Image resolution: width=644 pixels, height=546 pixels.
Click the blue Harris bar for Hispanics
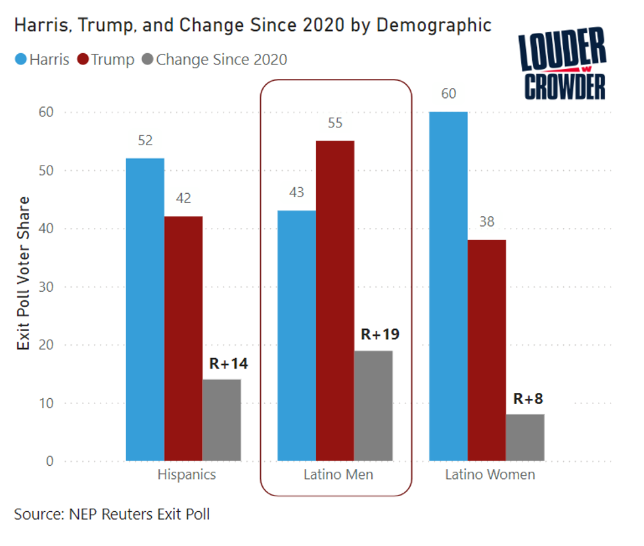pos(145,309)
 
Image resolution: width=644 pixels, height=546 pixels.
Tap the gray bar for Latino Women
pos(525,437)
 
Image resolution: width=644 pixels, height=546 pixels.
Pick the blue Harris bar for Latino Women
pos(449,286)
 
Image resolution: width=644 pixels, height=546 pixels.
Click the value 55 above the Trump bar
pos(335,124)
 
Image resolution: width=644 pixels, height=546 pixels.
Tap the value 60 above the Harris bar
pos(449,94)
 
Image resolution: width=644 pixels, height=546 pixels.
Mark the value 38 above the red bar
pos(486,223)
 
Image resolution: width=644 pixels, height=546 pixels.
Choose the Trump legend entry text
pos(112,60)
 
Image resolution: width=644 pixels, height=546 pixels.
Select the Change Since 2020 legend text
pos(221,60)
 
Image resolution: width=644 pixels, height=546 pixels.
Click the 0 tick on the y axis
pos(49,461)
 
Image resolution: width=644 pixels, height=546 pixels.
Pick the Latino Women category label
pos(490,474)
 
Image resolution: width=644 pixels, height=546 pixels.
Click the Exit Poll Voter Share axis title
pos(24,273)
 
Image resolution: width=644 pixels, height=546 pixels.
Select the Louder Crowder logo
pos(562,66)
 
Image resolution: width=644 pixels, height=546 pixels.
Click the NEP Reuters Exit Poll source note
pos(112,514)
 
